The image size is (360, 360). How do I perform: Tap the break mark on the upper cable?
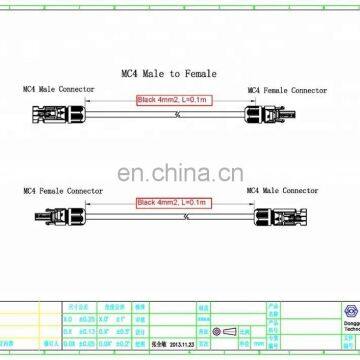click(176, 112)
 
